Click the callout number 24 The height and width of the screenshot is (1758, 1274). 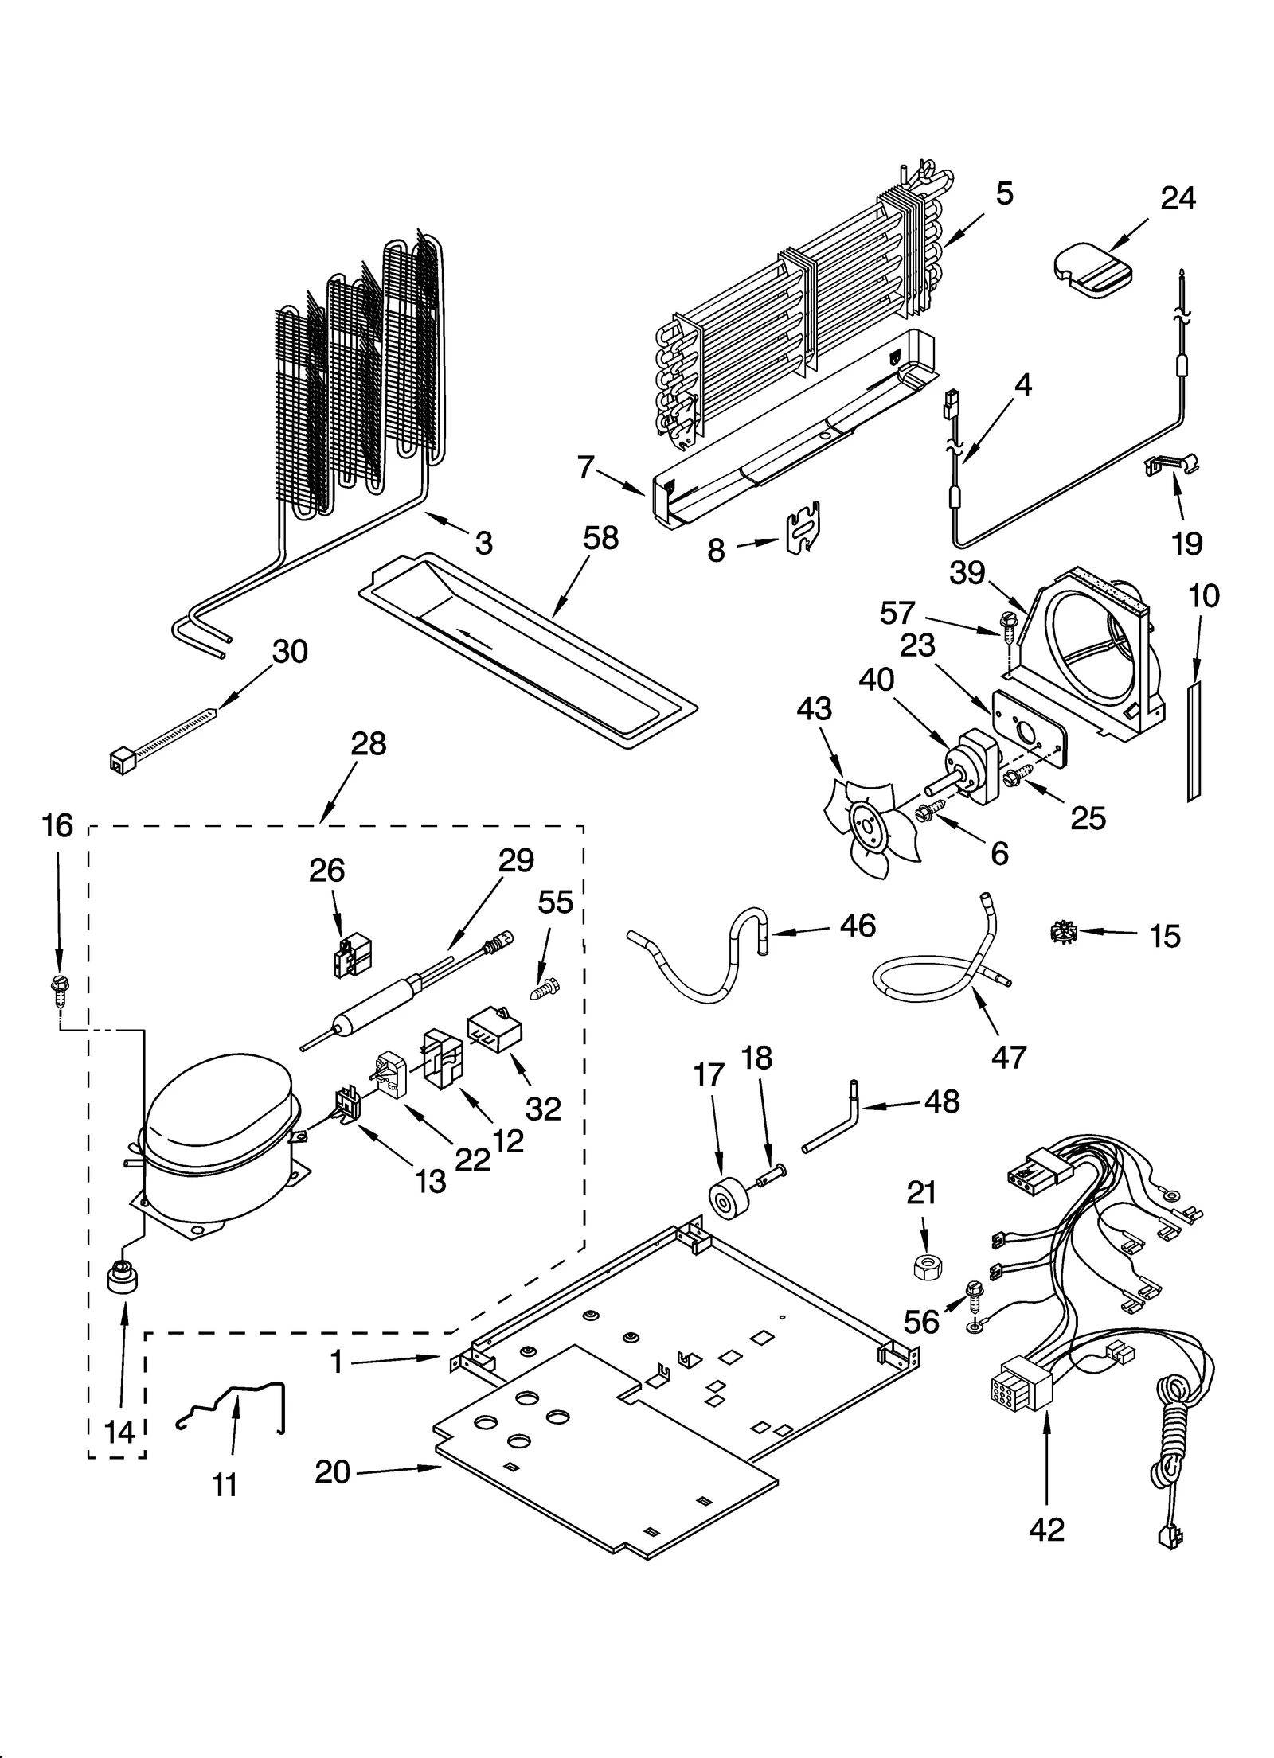(x=1177, y=198)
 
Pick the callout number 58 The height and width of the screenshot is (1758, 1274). (x=600, y=539)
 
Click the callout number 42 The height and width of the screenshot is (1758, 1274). (x=1045, y=1530)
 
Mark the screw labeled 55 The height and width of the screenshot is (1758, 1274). (x=543, y=989)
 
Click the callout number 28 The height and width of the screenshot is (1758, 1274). (x=368, y=744)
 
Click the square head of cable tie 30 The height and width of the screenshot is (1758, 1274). (x=119, y=762)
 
